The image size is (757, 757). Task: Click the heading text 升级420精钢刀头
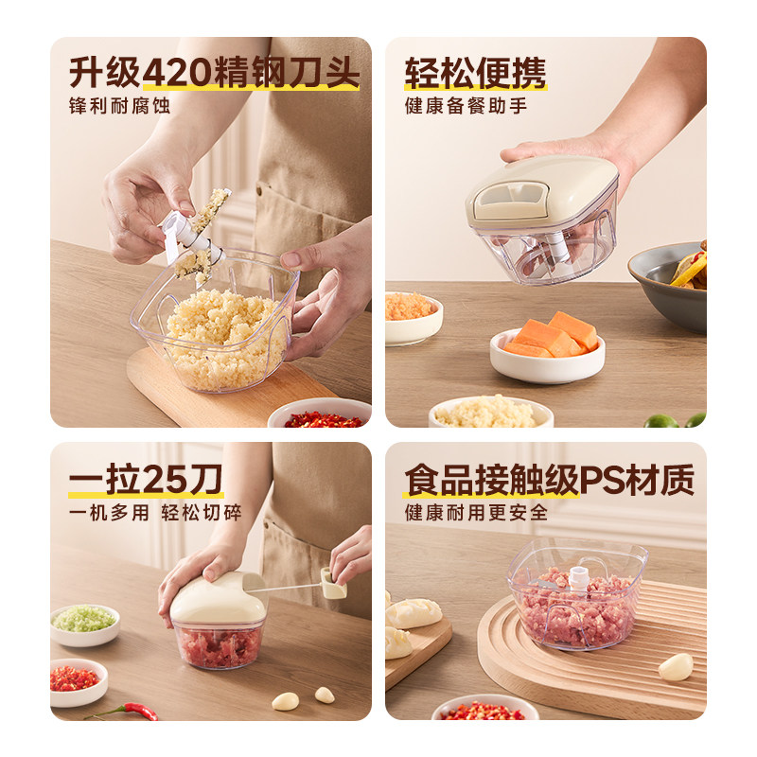click(214, 73)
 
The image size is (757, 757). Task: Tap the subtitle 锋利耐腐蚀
click(119, 106)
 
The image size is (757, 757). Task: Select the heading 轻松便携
click(475, 73)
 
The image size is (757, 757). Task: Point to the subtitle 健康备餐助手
click(466, 106)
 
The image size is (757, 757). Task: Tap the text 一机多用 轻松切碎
click(154, 512)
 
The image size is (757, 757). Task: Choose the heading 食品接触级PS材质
click(549, 480)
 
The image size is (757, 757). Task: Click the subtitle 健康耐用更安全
click(476, 512)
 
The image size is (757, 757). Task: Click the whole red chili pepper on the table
click(128, 710)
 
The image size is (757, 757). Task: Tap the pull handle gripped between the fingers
click(332, 582)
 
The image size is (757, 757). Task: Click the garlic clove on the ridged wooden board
click(676, 667)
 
